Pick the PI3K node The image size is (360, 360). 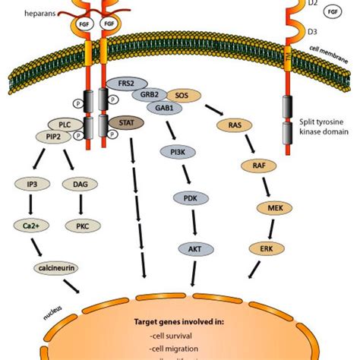click(174, 151)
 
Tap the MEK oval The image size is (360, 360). click(270, 206)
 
